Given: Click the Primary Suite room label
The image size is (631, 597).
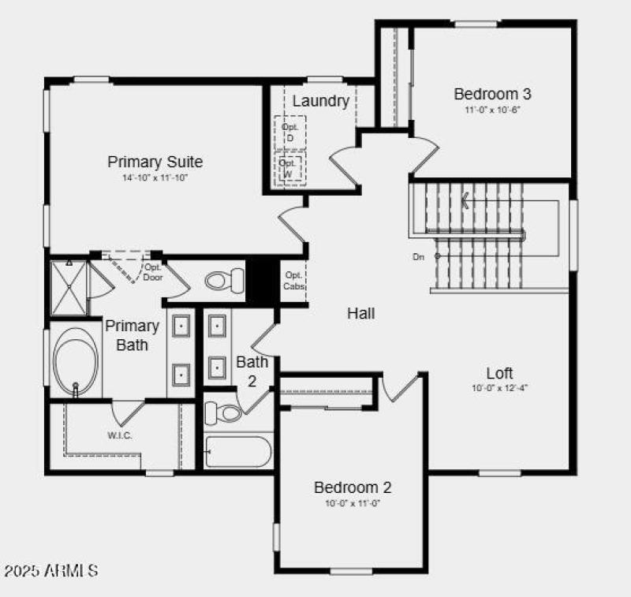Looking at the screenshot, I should pos(155,162).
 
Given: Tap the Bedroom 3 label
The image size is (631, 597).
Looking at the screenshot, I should pos(492,94).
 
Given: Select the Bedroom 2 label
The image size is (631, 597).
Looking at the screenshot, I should pos(353,487).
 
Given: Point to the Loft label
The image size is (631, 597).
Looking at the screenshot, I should pos(499,373).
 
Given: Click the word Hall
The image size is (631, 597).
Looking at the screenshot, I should pos(361,313).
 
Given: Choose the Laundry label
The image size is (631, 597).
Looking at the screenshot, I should pos(320,101).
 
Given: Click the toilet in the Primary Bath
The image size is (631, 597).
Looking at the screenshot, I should pos(225,279).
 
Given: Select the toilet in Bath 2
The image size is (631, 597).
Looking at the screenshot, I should pos(222,412).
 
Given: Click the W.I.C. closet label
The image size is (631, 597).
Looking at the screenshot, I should pos(120,435).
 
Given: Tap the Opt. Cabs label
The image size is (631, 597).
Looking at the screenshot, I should pos(293,280).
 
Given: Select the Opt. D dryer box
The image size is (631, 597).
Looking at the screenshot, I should pos(289,132).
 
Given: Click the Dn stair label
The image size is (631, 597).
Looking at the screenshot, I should pos(418,256).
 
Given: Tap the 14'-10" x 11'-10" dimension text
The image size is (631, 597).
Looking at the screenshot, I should pos(155,178).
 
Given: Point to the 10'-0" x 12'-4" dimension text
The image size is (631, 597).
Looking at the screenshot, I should pos(499,388).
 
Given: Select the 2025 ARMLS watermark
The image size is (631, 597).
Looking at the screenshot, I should pos(51,569).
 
